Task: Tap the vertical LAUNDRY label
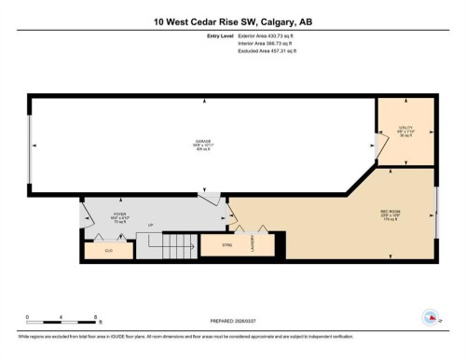pos(254,244)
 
